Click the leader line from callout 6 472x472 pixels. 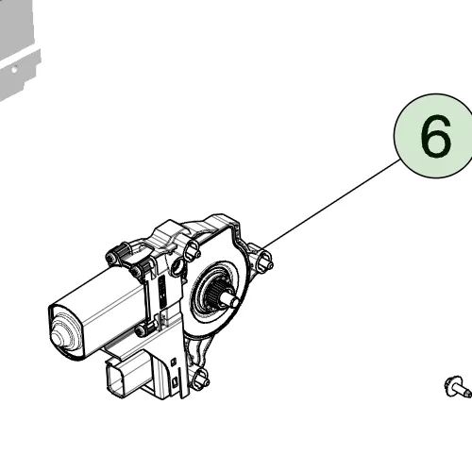(x=332, y=203)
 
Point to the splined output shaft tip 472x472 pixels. (x=231, y=299)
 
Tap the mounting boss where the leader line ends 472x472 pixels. (x=263, y=260)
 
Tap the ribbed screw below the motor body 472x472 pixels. (x=145, y=329)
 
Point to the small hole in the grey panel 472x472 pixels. (x=14, y=69)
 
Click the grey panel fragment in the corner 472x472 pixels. (x=17, y=47)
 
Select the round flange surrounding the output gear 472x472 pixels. (x=217, y=293)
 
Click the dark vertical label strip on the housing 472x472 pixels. (x=162, y=294)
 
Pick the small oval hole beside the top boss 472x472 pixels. (x=178, y=266)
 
